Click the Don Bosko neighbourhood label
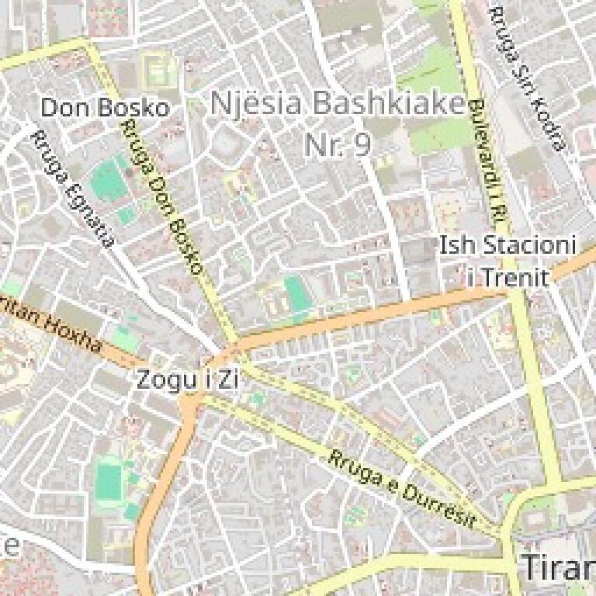click(104, 108)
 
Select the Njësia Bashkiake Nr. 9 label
click(337, 123)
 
